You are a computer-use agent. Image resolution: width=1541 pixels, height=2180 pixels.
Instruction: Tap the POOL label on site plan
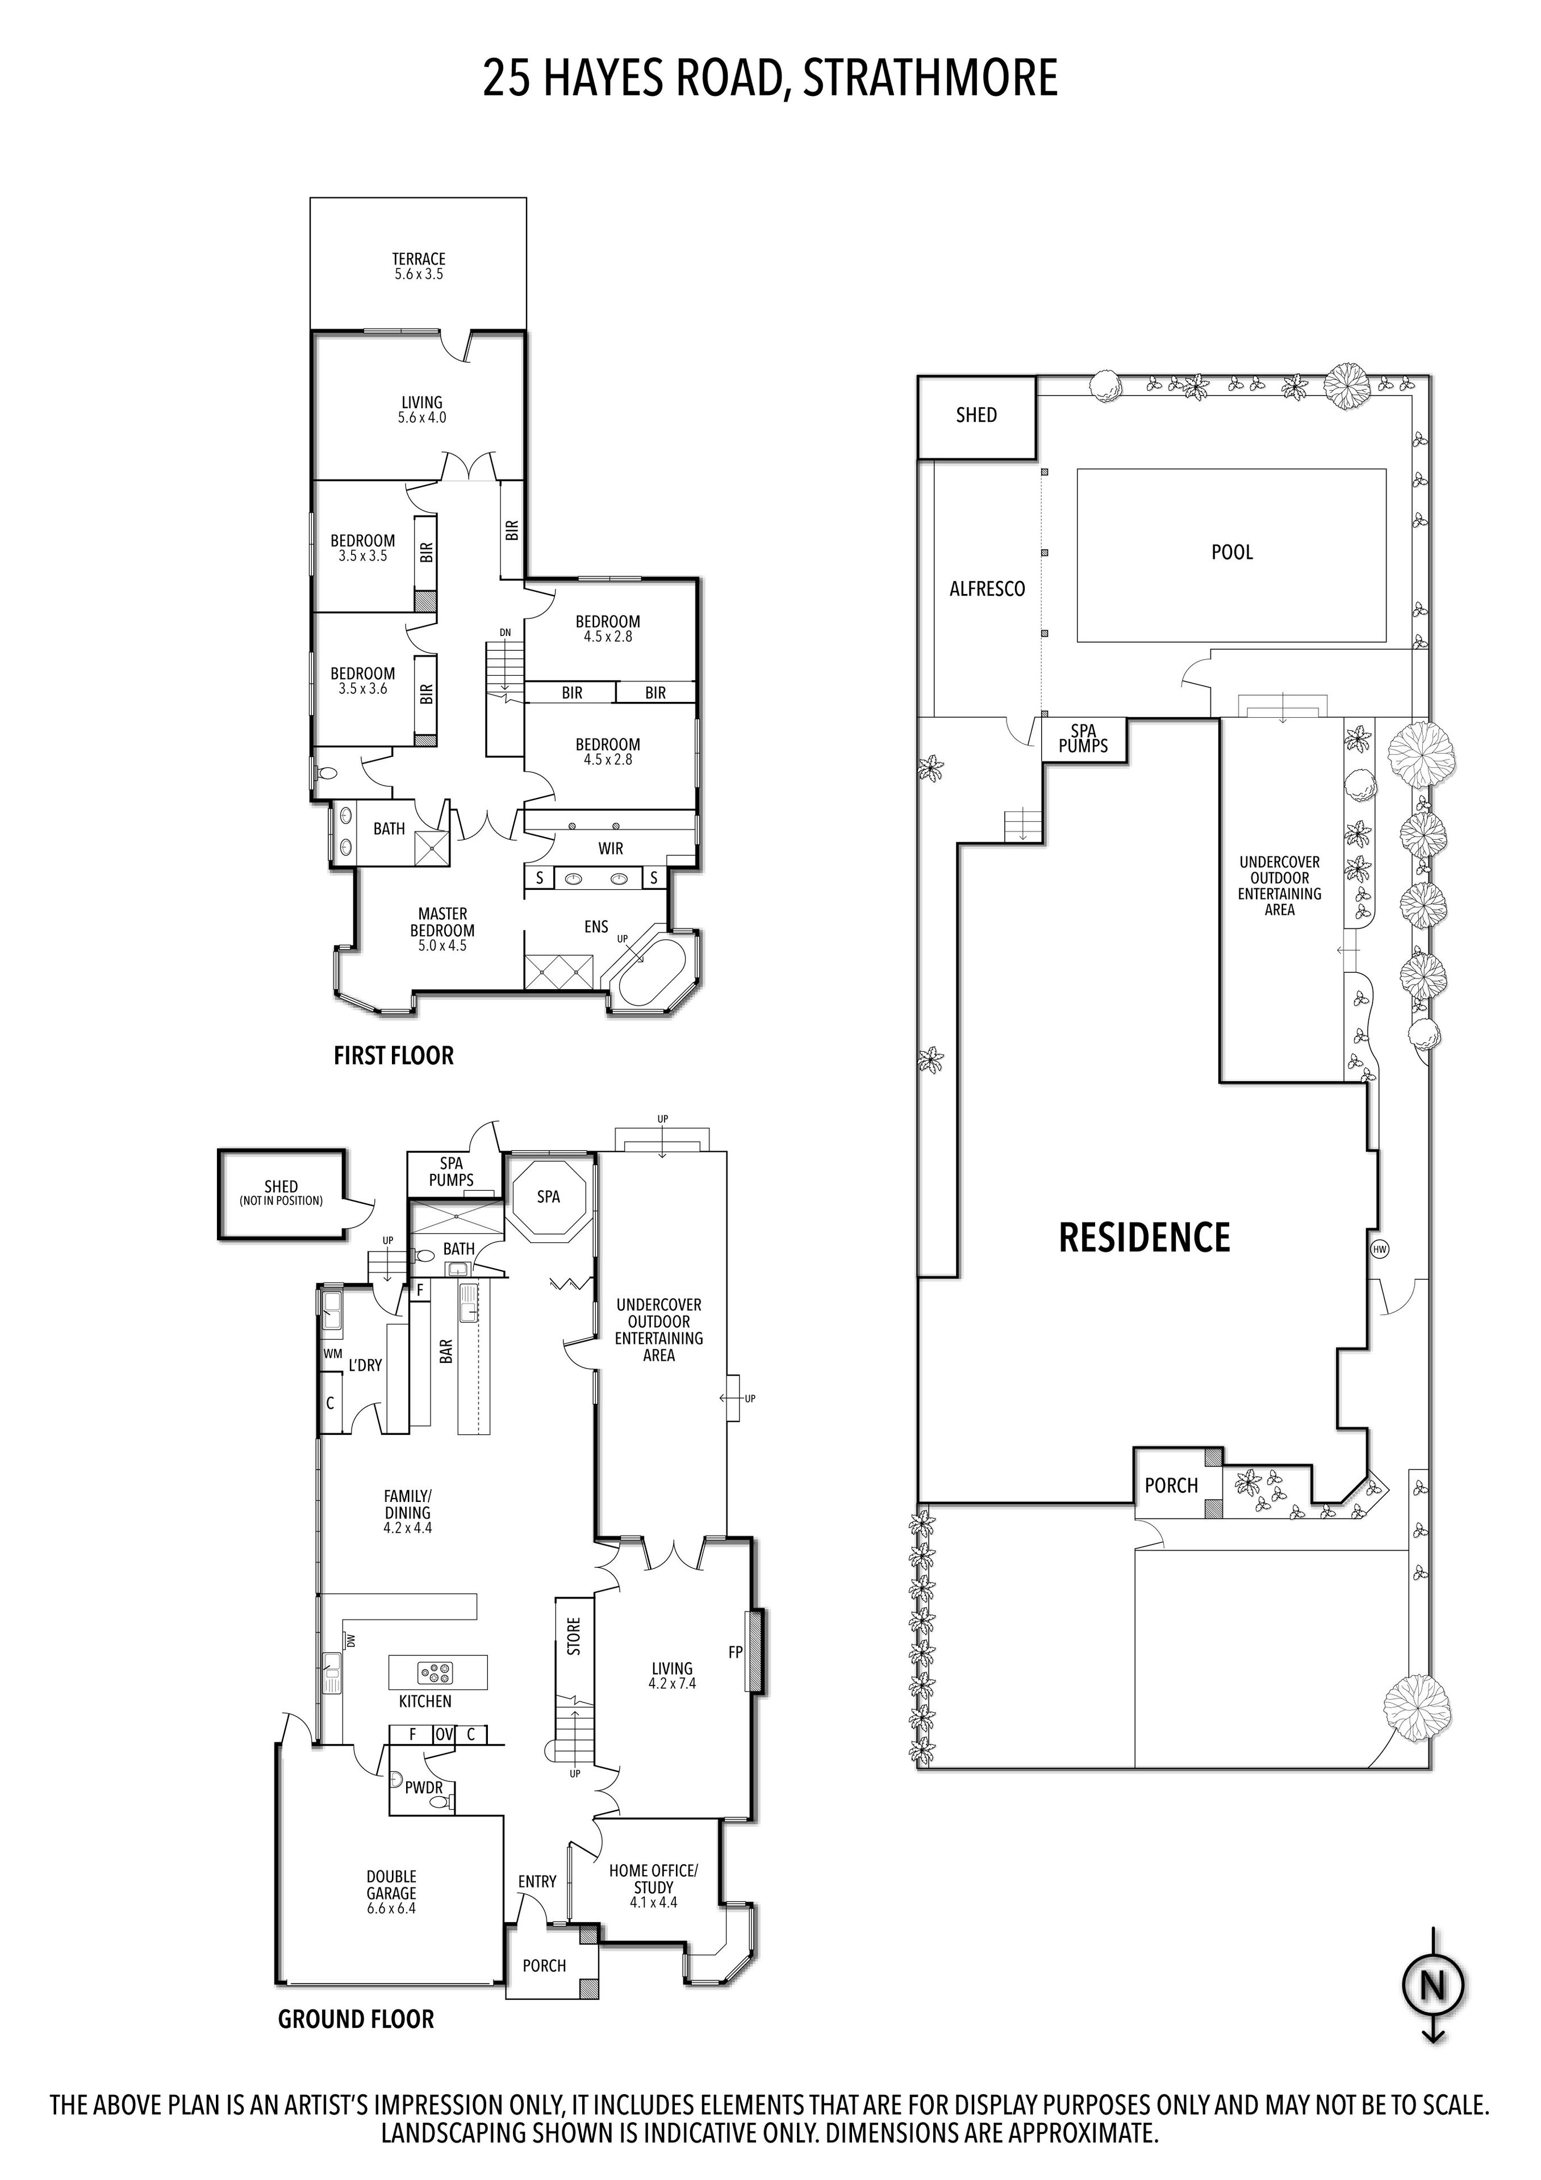click(1231, 551)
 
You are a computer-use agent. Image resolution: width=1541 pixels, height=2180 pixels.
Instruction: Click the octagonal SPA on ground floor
click(549, 1196)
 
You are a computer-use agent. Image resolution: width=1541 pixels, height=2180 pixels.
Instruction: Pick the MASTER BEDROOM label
click(442, 930)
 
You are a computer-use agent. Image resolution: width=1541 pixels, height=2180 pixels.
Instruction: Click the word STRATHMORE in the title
click(929, 78)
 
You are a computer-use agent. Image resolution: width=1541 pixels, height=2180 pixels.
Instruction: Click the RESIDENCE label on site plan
click(1144, 1237)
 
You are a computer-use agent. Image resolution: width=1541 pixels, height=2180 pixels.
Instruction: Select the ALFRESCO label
click(987, 589)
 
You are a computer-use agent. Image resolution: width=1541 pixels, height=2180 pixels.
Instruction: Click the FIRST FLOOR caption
click(393, 1055)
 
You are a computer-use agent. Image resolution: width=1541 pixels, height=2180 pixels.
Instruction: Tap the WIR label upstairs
click(611, 848)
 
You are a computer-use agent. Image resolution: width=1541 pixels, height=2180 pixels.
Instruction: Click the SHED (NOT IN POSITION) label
click(281, 1192)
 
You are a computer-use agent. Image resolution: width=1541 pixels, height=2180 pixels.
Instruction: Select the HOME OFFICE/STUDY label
click(653, 1886)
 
